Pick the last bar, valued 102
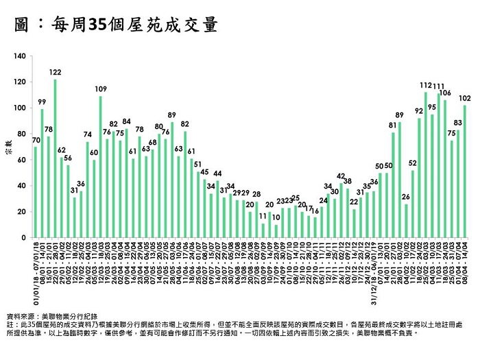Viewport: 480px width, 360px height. [465, 171]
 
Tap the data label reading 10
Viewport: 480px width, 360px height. [276, 217]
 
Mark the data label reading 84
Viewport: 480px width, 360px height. [127, 121]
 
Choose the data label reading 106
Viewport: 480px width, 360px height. [445, 93]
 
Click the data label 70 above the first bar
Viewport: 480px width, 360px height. [36, 140]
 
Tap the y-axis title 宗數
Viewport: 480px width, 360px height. [10, 147]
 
